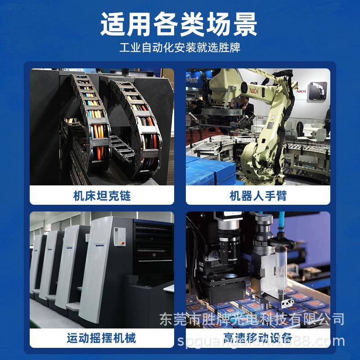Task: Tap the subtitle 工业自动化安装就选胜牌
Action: [x=180, y=48]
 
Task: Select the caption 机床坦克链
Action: [x=102, y=196]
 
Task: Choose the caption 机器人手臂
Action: [x=258, y=196]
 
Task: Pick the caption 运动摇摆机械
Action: [x=102, y=337]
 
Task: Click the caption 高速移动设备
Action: [x=258, y=337]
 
